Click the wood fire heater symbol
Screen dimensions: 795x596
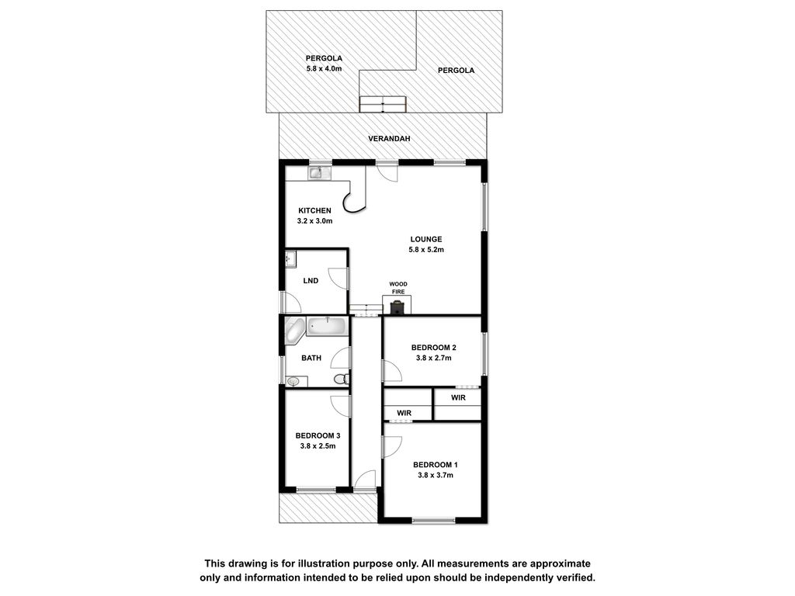tap(397, 307)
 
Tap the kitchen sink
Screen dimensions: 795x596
tap(319, 173)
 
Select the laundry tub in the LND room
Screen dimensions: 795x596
tap(290, 259)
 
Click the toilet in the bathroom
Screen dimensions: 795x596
tap(342, 379)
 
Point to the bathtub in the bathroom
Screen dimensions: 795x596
tap(328, 326)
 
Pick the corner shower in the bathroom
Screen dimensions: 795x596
tap(294, 329)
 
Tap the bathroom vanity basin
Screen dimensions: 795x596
tap(296, 381)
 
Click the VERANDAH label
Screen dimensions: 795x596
tap(389, 138)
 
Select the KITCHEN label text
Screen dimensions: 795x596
tap(314, 210)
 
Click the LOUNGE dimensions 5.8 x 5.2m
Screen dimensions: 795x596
tap(426, 249)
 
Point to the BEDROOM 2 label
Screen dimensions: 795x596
tap(433, 347)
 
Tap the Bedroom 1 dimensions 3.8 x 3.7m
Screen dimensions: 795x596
tap(435, 475)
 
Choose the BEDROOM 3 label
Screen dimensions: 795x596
tap(318, 435)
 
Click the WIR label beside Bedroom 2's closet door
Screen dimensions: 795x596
tap(458, 397)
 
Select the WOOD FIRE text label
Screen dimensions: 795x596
tap(398, 288)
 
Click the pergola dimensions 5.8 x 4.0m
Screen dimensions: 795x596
tap(324, 68)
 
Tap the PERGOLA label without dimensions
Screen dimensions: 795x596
tap(456, 71)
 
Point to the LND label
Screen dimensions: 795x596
tap(311, 280)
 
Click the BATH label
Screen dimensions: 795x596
tap(311, 358)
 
